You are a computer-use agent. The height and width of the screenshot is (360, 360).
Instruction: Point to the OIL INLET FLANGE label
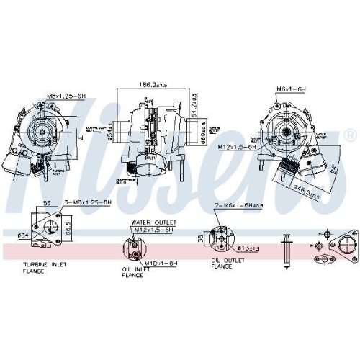pos(136,271)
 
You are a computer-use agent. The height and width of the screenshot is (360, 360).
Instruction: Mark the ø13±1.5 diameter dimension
pos(250,248)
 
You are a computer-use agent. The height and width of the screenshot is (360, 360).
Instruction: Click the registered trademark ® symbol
pos(350,135)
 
